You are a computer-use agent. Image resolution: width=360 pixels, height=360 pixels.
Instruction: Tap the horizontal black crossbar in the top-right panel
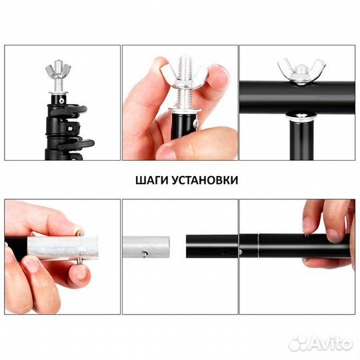267,90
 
